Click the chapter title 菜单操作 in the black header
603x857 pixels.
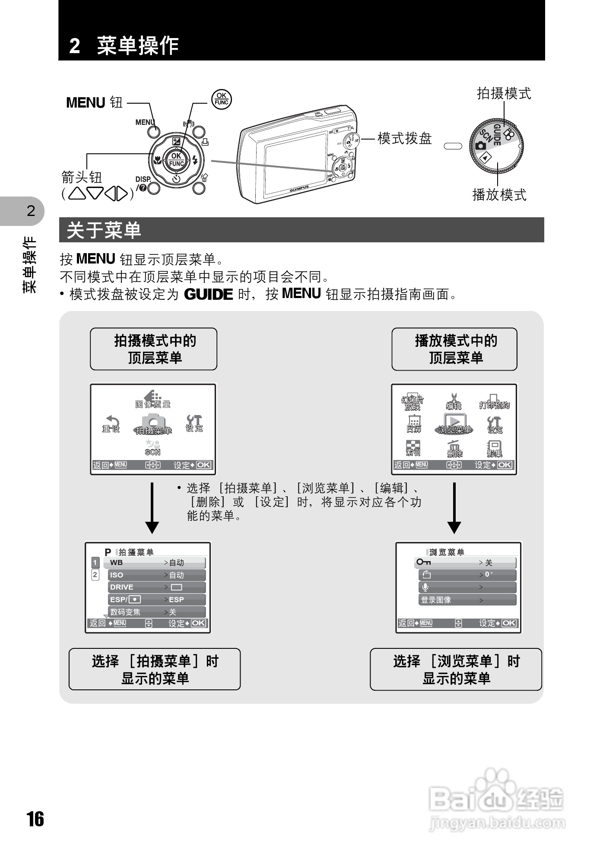click(137, 45)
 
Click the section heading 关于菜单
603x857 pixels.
click(104, 230)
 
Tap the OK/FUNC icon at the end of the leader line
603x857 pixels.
click(222, 99)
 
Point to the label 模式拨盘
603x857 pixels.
click(404, 139)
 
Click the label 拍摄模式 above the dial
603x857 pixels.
click(504, 93)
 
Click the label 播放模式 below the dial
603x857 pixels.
click(499, 195)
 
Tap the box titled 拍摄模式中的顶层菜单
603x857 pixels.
click(154, 349)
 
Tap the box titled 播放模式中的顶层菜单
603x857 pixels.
click(454, 349)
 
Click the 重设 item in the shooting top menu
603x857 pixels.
click(111, 424)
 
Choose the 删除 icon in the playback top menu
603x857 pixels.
click(454, 449)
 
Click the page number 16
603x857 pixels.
click(36, 819)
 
